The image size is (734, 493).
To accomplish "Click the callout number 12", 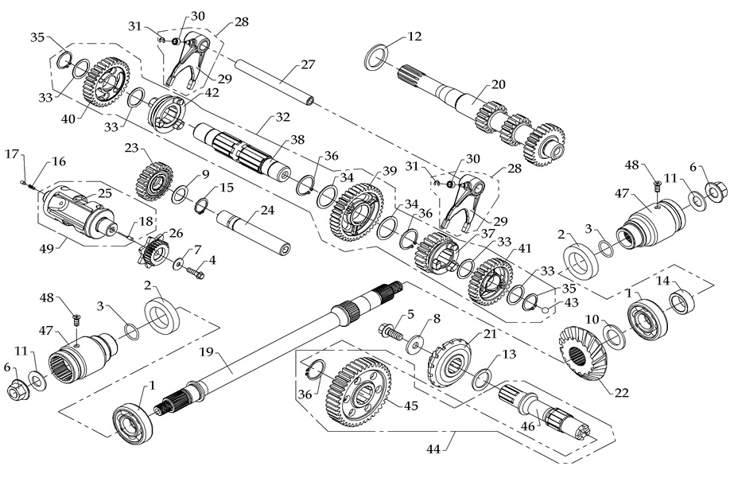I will [414, 36].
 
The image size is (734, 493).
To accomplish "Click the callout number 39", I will [390, 172].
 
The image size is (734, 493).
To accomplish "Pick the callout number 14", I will [662, 281].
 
